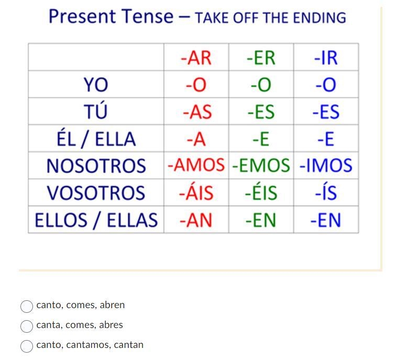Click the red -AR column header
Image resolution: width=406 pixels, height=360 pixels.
[196, 58]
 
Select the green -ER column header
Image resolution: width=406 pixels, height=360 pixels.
[261, 58]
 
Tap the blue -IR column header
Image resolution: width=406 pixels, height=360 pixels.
[326, 58]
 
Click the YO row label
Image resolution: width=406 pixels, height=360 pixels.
[96, 85]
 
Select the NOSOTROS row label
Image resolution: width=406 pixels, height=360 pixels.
[96, 166]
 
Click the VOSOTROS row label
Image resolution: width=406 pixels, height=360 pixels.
[96, 193]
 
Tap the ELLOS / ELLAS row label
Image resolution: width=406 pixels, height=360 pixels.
[96, 220]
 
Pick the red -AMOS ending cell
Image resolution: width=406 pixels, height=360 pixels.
[196, 165]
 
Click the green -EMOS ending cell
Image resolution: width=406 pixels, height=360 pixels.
[261, 165]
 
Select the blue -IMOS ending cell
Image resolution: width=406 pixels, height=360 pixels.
[326, 165]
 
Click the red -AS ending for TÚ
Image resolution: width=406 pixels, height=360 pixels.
[197, 112]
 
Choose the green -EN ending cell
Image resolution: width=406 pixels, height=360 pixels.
[261, 220]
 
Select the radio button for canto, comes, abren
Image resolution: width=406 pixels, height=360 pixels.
[27, 307]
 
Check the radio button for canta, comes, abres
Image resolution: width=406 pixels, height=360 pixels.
[27, 326]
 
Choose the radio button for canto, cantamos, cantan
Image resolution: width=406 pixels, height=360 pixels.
[27, 346]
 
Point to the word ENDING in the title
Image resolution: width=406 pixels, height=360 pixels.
[320, 18]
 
